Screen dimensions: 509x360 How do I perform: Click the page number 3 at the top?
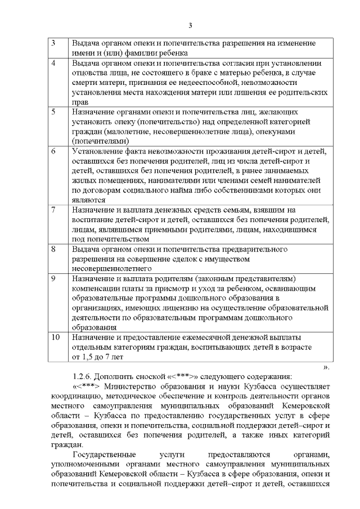[x=190, y=25]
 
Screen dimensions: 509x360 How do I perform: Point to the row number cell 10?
[x=55, y=337]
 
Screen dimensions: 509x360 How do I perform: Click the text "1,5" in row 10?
[x=88, y=357]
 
